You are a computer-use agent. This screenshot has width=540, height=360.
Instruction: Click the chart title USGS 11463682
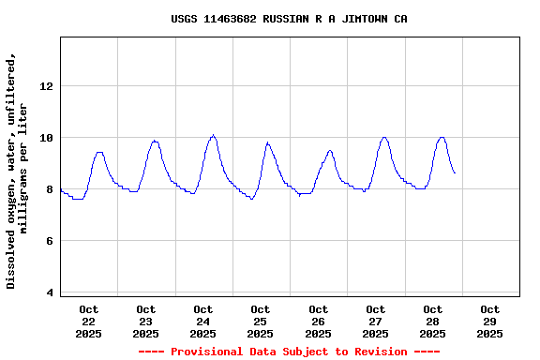289,19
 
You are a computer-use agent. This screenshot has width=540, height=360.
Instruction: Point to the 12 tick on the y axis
47,86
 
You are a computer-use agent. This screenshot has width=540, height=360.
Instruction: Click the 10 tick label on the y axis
47,138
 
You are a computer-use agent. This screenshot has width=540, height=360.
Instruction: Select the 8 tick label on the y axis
51,189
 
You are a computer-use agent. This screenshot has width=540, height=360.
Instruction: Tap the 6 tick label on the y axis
51,241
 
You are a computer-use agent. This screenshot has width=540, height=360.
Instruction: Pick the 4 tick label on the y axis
51,292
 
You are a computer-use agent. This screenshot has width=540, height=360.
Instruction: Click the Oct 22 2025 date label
88,322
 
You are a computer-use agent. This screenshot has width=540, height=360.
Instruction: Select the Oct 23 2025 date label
145,322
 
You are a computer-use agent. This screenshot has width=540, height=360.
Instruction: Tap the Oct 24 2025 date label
202,322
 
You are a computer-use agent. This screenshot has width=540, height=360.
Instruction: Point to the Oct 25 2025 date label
260,322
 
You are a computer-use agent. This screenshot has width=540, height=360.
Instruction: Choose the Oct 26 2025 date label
318,322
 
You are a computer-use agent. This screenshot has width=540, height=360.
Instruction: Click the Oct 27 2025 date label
375,322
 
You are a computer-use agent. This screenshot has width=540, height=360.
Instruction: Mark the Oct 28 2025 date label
432,322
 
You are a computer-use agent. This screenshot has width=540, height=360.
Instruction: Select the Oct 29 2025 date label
489,322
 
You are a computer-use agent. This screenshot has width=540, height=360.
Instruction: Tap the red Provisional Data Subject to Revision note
289,352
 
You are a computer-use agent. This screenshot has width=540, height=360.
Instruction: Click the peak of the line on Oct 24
213,135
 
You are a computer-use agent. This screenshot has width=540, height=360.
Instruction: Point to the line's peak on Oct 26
329,150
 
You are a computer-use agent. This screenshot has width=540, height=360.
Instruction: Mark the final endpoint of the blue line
455,172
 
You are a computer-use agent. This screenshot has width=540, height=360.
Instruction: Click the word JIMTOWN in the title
360,19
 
